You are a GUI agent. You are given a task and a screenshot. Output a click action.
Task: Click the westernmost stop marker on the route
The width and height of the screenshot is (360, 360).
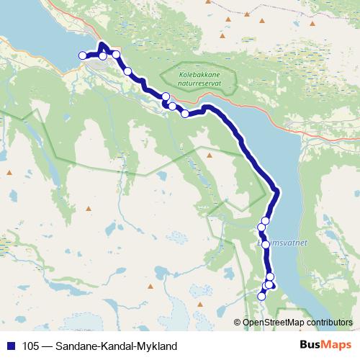click(82, 55)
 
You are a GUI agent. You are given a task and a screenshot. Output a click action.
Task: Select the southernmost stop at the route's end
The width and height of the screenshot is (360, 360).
click(262, 296)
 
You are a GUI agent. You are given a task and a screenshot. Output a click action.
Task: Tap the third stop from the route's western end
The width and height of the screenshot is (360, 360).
click(116, 55)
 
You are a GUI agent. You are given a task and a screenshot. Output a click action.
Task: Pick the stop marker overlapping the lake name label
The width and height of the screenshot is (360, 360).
click(266, 244)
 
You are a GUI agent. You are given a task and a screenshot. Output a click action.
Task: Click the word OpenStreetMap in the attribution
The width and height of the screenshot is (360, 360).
click(271, 323)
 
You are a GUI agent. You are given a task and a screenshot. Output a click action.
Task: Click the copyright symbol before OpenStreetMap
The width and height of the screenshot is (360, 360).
click(238, 323)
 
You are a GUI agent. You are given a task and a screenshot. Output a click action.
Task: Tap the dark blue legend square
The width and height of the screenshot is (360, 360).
click(11, 346)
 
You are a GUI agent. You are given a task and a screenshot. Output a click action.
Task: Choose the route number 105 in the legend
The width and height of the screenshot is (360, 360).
click(31, 346)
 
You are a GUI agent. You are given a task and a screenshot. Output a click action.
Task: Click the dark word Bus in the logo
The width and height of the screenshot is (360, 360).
click(312, 346)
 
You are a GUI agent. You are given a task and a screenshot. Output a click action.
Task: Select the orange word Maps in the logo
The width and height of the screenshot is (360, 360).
click(337, 346)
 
